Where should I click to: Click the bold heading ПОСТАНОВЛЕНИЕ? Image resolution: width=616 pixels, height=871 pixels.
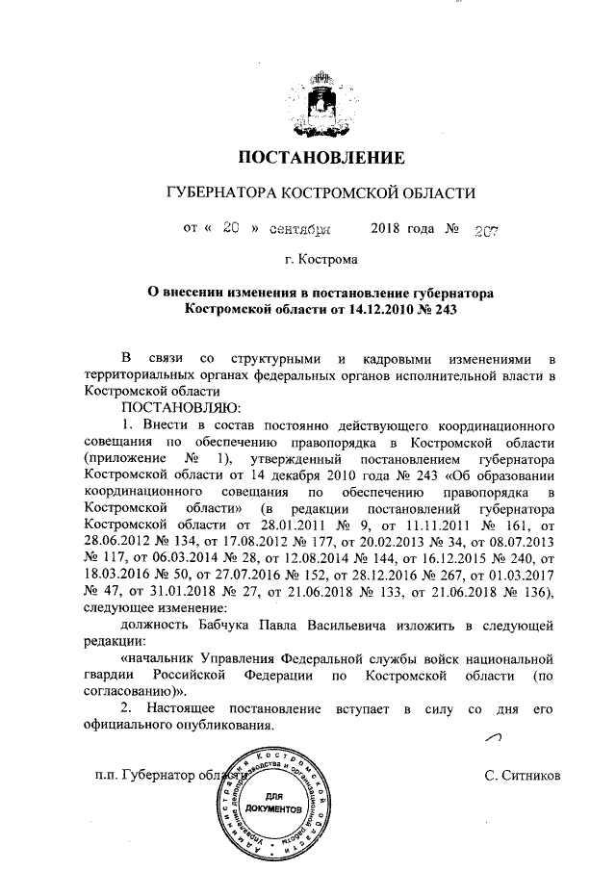308,157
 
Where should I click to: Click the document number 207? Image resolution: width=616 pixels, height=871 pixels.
480,230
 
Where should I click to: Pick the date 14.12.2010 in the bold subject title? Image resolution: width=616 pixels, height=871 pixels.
387,310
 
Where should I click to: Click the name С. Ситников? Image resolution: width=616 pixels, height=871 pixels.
523,775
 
